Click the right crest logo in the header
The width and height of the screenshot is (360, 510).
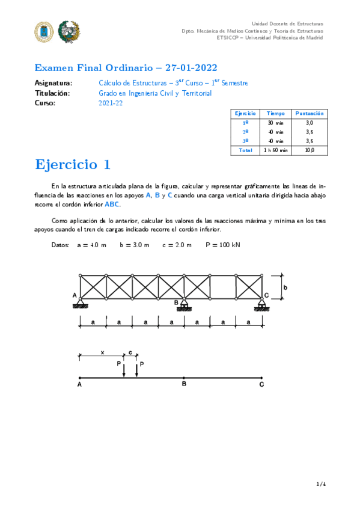click(x=69, y=31)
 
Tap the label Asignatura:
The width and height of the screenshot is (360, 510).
click(x=53, y=83)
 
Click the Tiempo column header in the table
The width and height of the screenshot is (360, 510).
click(x=275, y=113)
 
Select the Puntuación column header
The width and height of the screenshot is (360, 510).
click(x=310, y=113)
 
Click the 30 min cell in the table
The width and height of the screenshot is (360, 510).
click(x=275, y=123)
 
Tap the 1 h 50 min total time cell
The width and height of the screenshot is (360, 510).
click(x=275, y=150)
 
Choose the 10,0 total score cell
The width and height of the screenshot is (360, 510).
click(x=310, y=150)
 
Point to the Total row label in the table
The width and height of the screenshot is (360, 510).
click(x=245, y=150)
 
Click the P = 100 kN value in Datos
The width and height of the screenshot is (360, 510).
click(x=222, y=245)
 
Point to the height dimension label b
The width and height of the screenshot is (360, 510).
click(x=286, y=287)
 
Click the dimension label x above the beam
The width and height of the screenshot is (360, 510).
click(x=102, y=352)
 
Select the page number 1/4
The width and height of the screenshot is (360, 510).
click(x=320, y=483)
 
